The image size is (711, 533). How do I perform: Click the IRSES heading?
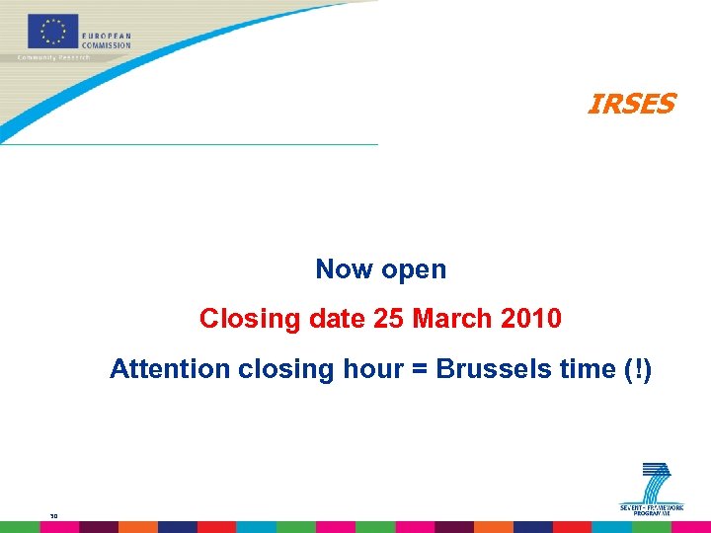631,104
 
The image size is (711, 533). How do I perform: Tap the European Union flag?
52,32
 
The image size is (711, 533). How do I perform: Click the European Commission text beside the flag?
106,40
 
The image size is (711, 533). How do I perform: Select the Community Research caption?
54,57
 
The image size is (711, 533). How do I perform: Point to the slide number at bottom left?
53,513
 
